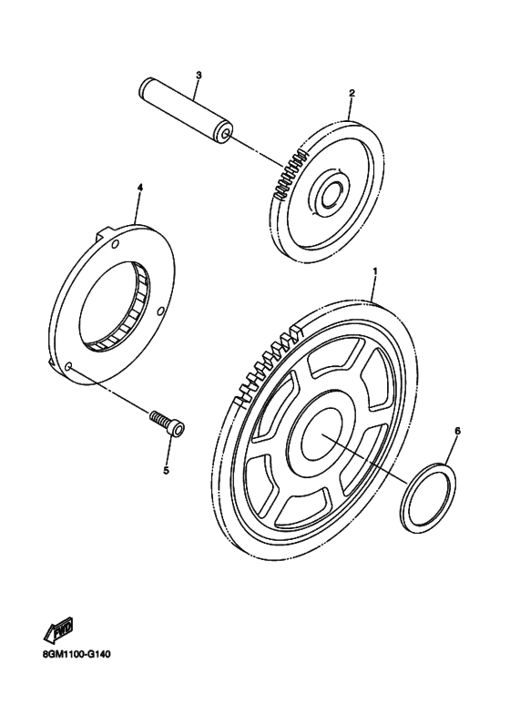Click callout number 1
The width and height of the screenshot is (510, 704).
pyautogui.click(x=375, y=271)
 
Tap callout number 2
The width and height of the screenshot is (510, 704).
pyautogui.click(x=352, y=93)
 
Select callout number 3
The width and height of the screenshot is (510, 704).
pyautogui.click(x=199, y=75)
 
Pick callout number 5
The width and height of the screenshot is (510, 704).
pyautogui.click(x=166, y=471)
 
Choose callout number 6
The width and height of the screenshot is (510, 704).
pyautogui.click(x=457, y=431)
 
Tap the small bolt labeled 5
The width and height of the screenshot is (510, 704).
pyautogui.click(x=168, y=423)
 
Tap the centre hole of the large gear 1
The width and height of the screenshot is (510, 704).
pyautogui.click(x=321, y=434)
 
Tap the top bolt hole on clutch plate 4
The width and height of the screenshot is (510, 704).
pyautogui.click(x=115, y=244)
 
